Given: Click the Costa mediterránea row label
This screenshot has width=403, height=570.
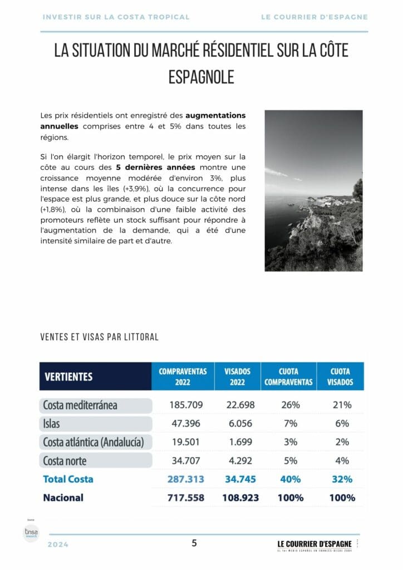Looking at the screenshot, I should coord(80,405).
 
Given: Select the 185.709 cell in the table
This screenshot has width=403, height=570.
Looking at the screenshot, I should coord(186,405).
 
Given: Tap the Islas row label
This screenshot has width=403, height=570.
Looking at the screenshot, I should coord(51,424).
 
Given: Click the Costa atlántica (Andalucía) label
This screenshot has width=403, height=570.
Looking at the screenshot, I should coord(93,442).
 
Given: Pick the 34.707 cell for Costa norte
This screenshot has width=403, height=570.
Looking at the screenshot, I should coord(186,460).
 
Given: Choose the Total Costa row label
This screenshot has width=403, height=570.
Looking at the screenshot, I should coord(68,479).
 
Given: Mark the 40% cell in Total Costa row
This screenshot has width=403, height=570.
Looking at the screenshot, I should coord(290,479).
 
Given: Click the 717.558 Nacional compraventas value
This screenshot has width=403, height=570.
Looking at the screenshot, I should coord(186,498).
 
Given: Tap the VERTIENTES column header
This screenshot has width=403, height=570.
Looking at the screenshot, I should coord(69,377).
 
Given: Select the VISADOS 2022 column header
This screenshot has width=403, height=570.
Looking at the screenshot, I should coord(238,377).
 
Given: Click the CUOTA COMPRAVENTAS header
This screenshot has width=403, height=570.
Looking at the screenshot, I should coord(289,377).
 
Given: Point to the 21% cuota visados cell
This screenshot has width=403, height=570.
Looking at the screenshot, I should coord(342,405).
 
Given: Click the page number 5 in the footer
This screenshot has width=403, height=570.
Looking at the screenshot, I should coord(194,543).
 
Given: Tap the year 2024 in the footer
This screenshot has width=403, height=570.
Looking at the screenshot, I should coord(58,544).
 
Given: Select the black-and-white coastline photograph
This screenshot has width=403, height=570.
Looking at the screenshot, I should coord(313,191).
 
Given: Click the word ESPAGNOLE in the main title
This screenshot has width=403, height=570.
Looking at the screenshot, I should coord(202,77).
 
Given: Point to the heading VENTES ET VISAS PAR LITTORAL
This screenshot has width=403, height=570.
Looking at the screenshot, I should coord(100,337).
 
